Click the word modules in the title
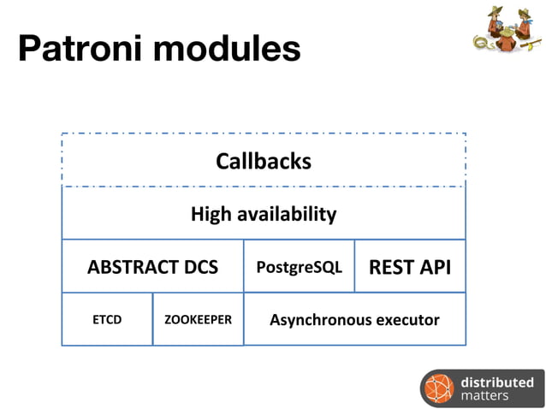pos(227,49)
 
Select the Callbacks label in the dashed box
pos(263,161)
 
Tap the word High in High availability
pos(211,214)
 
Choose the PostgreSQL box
pos(299,267)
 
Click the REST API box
pos(409,267)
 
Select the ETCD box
pos(107,320)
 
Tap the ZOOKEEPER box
pos(198,320)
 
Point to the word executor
pos(407,320)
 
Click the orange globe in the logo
pos(439,388)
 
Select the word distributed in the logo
pos(496,382)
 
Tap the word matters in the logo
pos(484,396)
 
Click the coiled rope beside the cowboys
pos(481,44)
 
